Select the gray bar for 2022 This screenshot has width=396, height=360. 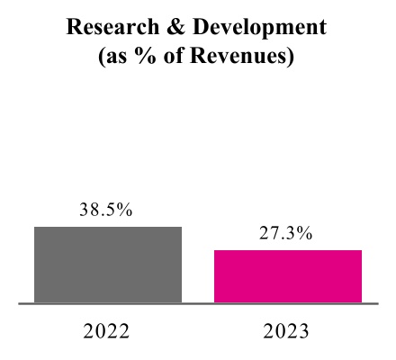[x=108, y=265]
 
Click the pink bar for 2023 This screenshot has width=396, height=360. [x=288, y=276]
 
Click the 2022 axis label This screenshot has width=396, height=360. [x=107, y=331]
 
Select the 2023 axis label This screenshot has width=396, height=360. [x=287, y=331]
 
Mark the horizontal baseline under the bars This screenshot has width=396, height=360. [x=198, y=304]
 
